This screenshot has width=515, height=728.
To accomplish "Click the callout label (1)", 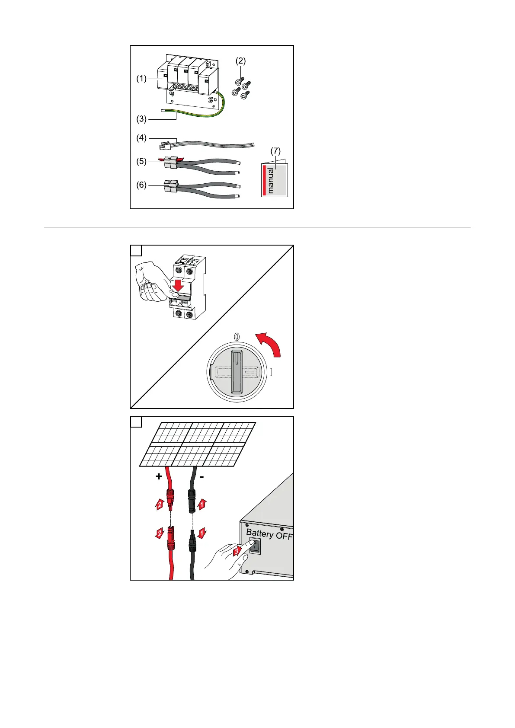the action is (141, 79).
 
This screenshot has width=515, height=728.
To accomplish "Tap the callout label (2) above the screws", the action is (240, 61).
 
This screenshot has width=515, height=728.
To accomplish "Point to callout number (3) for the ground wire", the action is (141, 118).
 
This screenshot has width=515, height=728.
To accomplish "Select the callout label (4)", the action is (141, 138).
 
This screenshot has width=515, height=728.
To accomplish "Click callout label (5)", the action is (141, 162).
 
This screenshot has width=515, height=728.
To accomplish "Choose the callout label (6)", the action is (141, 185).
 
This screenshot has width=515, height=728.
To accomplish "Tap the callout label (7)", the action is (275, 151).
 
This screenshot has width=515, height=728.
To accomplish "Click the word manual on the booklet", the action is (271, 180).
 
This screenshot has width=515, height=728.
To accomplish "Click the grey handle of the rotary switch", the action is (237, 371).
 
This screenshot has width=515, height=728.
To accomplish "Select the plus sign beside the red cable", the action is (159, 476).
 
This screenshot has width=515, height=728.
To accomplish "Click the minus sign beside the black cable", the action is (202, 476).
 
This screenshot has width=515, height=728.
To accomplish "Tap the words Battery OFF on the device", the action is (269, 535).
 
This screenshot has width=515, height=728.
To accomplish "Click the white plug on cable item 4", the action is (165, 146).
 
